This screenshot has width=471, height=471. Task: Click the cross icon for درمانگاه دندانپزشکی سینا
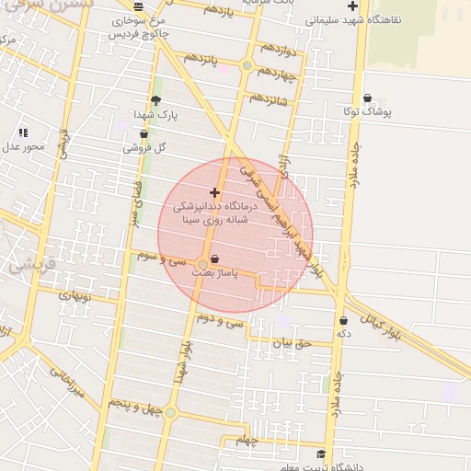click(215, 192)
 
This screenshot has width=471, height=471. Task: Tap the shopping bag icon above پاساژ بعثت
click(214, 258)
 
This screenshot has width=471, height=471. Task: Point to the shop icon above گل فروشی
click(144, 133)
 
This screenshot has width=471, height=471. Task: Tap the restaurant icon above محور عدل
click(23, 132)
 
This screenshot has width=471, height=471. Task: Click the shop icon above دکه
click(344, 321)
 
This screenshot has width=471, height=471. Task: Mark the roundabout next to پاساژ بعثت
click(202, 264)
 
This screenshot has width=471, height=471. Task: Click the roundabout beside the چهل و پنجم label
click(169, 411)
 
